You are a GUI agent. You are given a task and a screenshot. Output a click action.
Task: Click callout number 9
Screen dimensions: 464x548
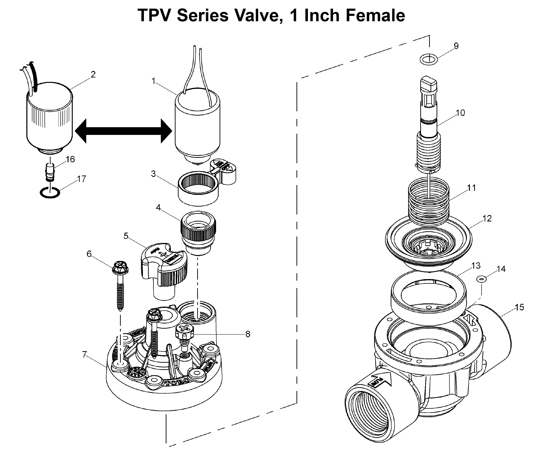click(456, 46)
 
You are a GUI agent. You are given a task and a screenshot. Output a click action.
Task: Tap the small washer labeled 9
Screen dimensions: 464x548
click(428, 60)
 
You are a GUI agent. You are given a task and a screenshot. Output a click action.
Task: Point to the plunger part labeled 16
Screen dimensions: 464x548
click(50, 172)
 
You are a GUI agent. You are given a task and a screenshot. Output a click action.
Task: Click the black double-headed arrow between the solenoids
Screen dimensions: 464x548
click(124, 131)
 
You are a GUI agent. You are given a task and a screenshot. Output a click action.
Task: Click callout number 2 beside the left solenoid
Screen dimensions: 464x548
click(93, 74)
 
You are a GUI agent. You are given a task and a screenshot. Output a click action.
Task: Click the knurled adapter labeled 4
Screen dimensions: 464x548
click(198, 232)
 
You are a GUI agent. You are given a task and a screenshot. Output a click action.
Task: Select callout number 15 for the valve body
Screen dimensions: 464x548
click(519, 307)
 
